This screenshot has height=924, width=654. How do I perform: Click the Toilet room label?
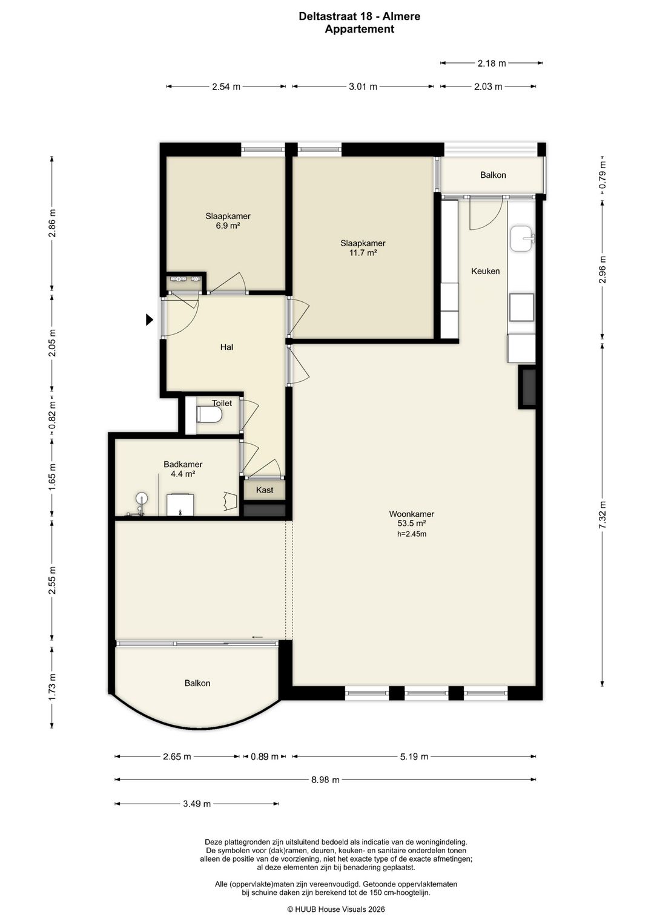point(222,403)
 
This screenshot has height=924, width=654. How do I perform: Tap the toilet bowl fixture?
point(210,414)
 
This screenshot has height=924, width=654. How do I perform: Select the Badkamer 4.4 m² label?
point(183,469)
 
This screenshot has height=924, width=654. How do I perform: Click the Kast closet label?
point(264,490)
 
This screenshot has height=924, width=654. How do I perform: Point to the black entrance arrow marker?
point(150,319)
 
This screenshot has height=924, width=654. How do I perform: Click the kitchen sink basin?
point(523,238)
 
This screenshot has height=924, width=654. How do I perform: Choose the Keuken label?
point(486,271)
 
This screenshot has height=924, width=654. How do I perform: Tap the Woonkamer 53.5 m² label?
point(412,519)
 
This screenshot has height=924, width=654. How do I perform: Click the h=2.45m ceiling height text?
point(412,534)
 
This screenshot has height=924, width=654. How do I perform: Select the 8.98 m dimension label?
point(325,779)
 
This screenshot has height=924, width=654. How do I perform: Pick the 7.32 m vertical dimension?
point(603,515)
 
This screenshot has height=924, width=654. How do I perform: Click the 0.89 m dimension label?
point(265,756)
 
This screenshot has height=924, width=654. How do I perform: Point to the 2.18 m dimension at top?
point(492,63)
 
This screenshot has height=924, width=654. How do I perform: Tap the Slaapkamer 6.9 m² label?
point(228,221)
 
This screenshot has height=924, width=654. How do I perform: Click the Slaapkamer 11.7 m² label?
point(363,248)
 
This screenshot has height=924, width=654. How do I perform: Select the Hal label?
point(226,347)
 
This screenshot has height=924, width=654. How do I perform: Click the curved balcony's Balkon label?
point(197,683)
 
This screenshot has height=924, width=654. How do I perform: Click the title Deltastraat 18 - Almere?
point(360,16)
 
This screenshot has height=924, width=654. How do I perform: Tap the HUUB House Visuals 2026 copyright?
point(336,909)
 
